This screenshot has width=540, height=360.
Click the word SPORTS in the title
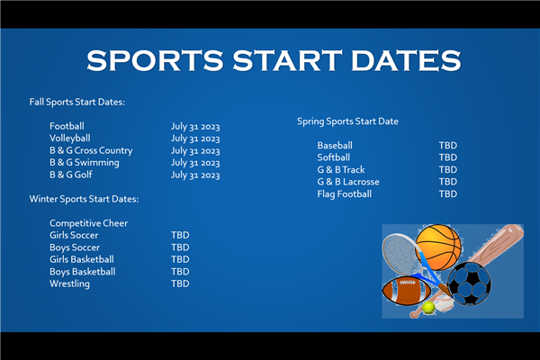[x=155, y=60]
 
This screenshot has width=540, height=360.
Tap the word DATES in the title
[x=406, y=60]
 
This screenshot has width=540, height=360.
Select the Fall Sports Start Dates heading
[x=77, y=103]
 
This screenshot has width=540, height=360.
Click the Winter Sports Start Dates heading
[x=84, y=199]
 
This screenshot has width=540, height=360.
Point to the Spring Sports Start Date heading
[x=347, y=121]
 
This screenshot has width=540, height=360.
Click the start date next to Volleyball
[x=195, y=139]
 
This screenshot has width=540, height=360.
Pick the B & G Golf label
[x=71, y=175]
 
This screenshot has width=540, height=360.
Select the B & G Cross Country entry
[x=91, y=150]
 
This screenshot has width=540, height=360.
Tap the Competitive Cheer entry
[x=88, y=223]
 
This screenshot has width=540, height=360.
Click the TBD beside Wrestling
[x=180, y=283]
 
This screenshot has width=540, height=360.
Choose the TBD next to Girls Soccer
[x=180, y=235]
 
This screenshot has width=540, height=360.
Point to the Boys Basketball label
[x=83, y=272]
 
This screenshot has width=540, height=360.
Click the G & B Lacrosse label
[x=348, y=182]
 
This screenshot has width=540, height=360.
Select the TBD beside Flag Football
[x=448, y=194]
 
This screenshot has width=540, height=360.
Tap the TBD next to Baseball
[x=448, y=146]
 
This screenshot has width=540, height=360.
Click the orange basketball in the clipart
[x=438, y=247]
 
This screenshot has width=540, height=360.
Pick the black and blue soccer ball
[x=469, y=283]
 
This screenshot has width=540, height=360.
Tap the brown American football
[x=407, y=292]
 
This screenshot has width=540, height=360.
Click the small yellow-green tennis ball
[x=428, y=307]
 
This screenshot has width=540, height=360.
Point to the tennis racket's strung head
[x=400, y=253]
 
